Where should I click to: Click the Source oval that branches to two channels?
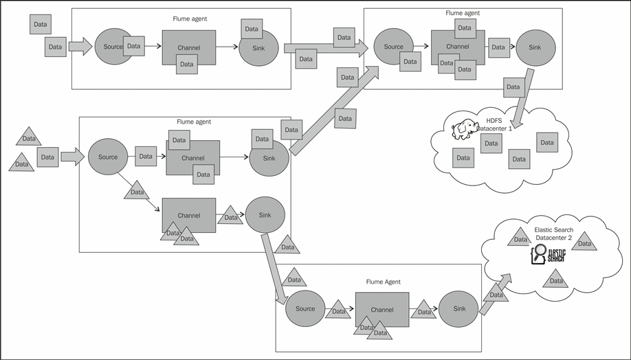coord(108,157)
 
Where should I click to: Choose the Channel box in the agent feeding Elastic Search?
coord(382,310)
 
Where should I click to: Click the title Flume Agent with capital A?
coord(383,282)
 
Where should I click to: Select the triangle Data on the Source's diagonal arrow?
coord(137,191)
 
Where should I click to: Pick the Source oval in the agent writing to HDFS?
coord(394,47)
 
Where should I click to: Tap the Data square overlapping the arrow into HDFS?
coord(512,87)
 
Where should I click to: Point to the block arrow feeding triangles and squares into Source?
coord(71,157)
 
